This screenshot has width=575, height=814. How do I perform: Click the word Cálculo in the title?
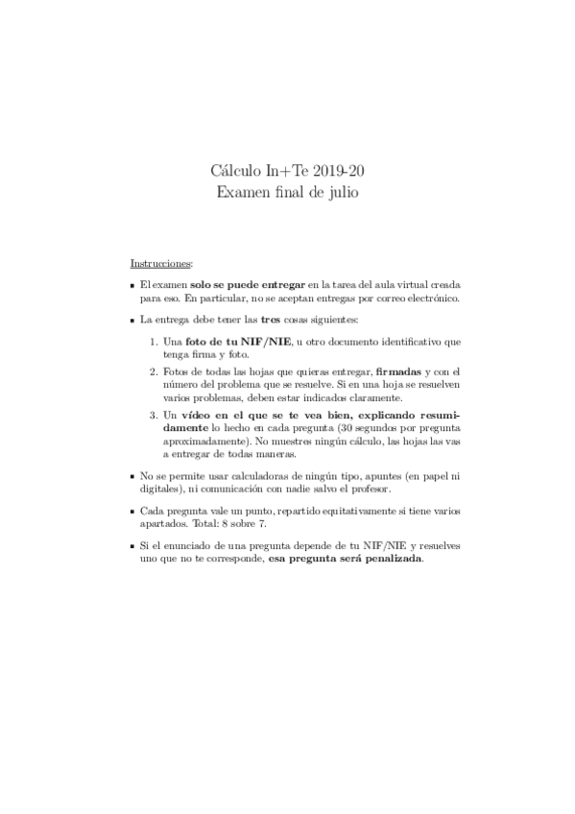pos(233,171)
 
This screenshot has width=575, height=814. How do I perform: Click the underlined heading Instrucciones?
pos(160,262)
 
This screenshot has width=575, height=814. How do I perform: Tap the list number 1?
pos(155,342)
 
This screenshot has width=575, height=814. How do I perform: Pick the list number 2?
pos(155,371)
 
